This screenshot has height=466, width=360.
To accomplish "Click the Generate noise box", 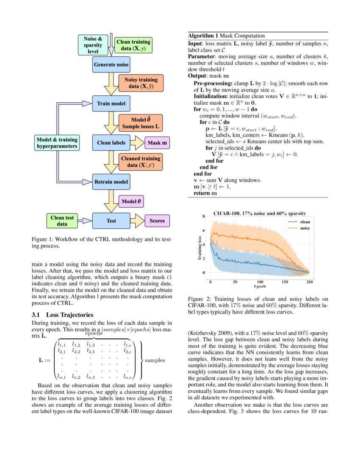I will (x=111, y=64).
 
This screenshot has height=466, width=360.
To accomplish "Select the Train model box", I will (x=111, y=103).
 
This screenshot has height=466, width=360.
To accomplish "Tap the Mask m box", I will (x=157, y=143).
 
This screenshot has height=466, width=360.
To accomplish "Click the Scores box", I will (x=157, y=221).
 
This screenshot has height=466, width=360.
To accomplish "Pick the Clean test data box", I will (x=62, y=221).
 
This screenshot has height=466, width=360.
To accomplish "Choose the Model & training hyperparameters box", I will (x=57, y=143).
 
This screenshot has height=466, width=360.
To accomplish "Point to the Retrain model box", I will (x=111, y=182).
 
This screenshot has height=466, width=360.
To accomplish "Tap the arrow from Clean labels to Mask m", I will (x=137, y=143).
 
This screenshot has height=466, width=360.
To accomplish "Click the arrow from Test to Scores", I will (x=137, y=221).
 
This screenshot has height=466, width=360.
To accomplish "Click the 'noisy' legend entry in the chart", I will (x=305, y=228).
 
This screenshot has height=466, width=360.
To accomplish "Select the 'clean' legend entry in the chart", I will (x=305, y=222).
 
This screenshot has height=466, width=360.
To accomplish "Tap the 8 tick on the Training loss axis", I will (x=204, y=216).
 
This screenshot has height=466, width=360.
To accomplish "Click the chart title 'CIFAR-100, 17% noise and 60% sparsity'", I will (x=260, y=213).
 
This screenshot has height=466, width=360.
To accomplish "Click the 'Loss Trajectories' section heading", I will (x=62, y=315).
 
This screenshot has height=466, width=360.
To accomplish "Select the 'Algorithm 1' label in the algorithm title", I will (x=203, y=36).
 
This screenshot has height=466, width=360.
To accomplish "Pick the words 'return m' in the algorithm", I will (x=205, y=193).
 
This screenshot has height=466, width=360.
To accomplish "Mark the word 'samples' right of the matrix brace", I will (x=155, y=361).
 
